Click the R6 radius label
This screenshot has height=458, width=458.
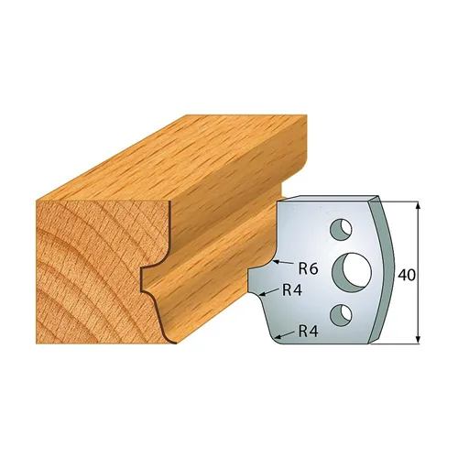click(309, 268)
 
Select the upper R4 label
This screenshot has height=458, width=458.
click(292, 291)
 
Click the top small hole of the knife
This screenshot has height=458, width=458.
click(341, 225)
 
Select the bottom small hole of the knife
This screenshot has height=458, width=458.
click(343, 315)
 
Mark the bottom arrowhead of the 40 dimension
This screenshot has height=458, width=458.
click(420, 342)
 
